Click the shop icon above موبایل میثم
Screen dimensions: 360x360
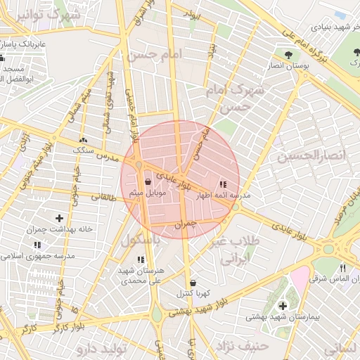point(148,181)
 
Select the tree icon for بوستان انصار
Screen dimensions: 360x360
point(288,54)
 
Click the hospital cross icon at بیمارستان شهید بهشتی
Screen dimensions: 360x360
point(283,306)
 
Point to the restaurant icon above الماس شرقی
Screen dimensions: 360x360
point(342,267)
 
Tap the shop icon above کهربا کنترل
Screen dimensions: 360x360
point(193,283)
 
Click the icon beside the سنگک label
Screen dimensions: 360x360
point(84,140)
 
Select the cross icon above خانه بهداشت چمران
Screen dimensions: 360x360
point(59,219)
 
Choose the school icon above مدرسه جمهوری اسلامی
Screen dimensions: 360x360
point(37,245)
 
